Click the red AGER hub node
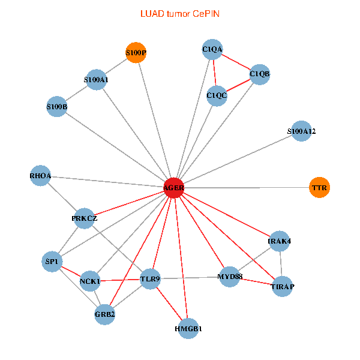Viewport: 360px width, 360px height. tap(174, 188)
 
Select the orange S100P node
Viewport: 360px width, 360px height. tap(136, 53)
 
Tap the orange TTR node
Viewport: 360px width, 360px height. tap(319, 187)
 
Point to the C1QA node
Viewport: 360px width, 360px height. tap(212, 49)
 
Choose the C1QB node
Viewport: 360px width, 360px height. tap(260, 74)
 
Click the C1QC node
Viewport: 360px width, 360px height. tap(217, 96)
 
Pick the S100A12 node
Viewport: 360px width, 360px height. tap(301, 131)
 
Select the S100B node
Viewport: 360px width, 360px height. tap(57, 107)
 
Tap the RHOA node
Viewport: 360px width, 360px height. tap(40, 176)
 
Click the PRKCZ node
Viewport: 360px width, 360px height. tap(84, 218)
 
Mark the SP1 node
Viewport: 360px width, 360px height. tap(52, 262)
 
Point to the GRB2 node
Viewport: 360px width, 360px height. tap(104, 314)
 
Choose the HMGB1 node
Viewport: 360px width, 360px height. tap(188, 329)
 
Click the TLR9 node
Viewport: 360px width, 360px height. tap(151, 279)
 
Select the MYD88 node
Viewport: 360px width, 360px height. tap(230, 277)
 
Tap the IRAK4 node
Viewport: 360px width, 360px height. tap(280, 241)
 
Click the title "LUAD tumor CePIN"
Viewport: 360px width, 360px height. tap(180, 14)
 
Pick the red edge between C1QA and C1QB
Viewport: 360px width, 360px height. tap(236, 62)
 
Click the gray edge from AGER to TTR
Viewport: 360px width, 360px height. tap(247, 188)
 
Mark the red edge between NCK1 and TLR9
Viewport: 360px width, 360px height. tap(120, 280)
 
